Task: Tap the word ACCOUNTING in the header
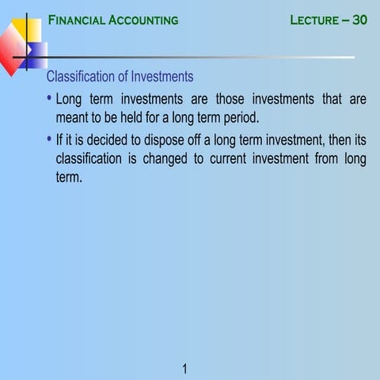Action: (x=140, y=20)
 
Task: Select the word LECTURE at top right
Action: (x=314, y=20)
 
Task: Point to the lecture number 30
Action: (x=359, y=20)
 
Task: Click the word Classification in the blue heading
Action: (x=81, y=77)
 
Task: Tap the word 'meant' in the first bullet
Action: (x=73, y=118)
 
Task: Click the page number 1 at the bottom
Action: (x=184, y=368)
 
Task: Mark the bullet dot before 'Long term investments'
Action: (x=49, y=99)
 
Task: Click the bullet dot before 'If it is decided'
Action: (x=49, y=140)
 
